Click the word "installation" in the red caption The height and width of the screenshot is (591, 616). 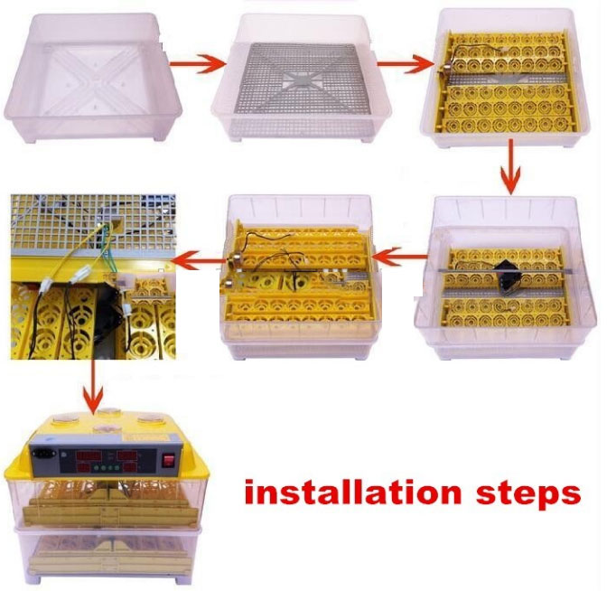tap(352, 492)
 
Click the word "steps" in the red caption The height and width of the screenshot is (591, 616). tap(528, 494)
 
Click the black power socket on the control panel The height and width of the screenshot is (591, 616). tap(42, 453)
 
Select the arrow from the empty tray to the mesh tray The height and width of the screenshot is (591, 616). tap(198, 63)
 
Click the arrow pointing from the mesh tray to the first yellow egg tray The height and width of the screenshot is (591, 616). tap(406, 63)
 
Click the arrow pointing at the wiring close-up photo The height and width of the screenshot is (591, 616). tap(200, 260)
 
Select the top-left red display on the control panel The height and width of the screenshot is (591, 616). tap(89, 456)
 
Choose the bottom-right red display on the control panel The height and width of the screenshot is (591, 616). tap(126, 468)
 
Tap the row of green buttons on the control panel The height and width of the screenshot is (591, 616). tap(106, 468)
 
